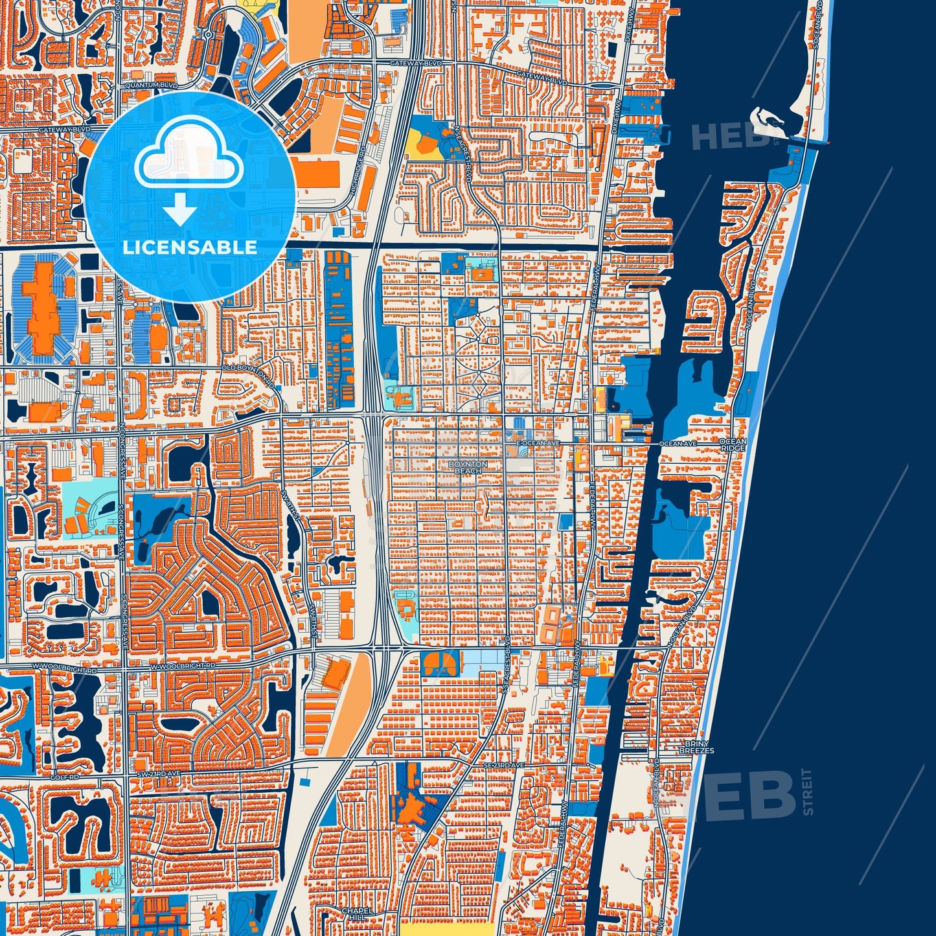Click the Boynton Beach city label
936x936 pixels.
click(x=468, y=468)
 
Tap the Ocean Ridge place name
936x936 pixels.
click(x=733, y=445)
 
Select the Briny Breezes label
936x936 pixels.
click(x=696, y=748)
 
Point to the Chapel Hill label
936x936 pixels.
click(x=358, y=914)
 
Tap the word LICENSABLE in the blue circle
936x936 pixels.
click(x=189, y=247)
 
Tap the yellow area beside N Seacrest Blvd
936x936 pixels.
click(x=423, y=143)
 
